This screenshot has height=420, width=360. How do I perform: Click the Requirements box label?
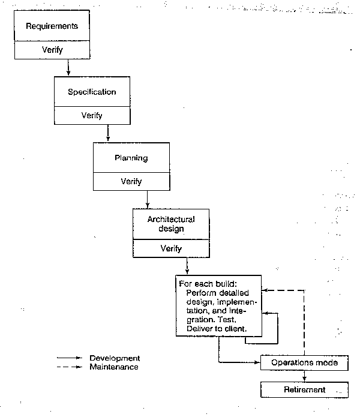(52, 26)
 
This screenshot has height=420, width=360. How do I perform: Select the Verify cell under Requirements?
(52, 50)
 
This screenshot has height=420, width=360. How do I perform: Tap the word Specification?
(92, 92)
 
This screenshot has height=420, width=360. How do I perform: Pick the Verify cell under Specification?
(92, 115)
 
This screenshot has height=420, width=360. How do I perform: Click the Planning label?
(131, 158)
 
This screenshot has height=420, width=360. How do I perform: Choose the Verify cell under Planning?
(131, 181)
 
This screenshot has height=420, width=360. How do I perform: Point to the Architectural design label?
(171, 224)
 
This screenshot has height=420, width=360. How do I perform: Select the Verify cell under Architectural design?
(171, 248)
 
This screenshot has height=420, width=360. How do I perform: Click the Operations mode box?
(304, 363)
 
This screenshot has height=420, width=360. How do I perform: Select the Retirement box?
(304, 390)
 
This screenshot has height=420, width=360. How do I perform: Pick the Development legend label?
(115, 358)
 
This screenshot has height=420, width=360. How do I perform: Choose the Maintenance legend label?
(115, 367)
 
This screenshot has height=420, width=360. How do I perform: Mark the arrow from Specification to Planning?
(108, 133)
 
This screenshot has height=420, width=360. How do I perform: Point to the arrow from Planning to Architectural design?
(148, 199)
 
